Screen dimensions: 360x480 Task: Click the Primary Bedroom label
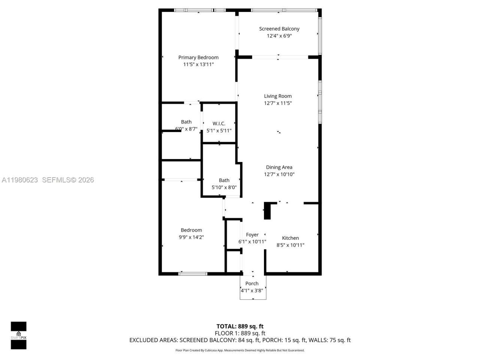198,57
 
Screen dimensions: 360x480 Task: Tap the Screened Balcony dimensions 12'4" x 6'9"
279,36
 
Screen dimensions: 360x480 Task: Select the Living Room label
277,96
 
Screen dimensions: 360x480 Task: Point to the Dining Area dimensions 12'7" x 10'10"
279,174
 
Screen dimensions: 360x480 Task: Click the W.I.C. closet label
219,123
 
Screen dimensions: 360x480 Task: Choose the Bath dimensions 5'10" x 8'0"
224,187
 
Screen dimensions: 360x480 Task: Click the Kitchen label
290,238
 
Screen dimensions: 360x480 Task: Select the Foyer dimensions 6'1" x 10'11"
252,242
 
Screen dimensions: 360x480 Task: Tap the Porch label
252,283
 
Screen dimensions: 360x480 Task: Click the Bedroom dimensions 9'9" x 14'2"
191,237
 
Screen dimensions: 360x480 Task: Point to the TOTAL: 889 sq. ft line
240,326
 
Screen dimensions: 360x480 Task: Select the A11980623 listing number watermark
20,180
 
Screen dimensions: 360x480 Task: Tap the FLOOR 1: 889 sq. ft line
240,333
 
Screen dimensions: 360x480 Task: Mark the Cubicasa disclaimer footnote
240,350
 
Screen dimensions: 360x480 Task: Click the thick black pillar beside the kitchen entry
267,211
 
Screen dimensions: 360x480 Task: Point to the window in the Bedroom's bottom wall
193,274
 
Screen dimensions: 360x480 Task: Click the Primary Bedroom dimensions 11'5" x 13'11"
198,64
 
